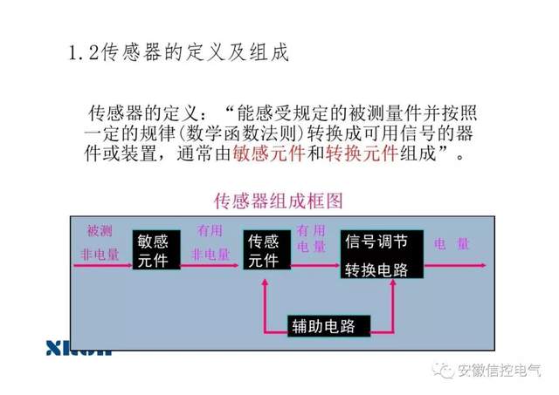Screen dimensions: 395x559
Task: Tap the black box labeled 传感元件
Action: click(x=266, y=251)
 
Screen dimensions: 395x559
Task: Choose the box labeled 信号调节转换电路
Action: click(x=382, y=255)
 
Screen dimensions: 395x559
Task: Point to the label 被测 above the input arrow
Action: click(x=100, y=231)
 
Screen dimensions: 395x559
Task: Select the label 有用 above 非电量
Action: click(x=210, y=231)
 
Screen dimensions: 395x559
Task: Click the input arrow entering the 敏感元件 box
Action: click(x=102, y=264)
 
